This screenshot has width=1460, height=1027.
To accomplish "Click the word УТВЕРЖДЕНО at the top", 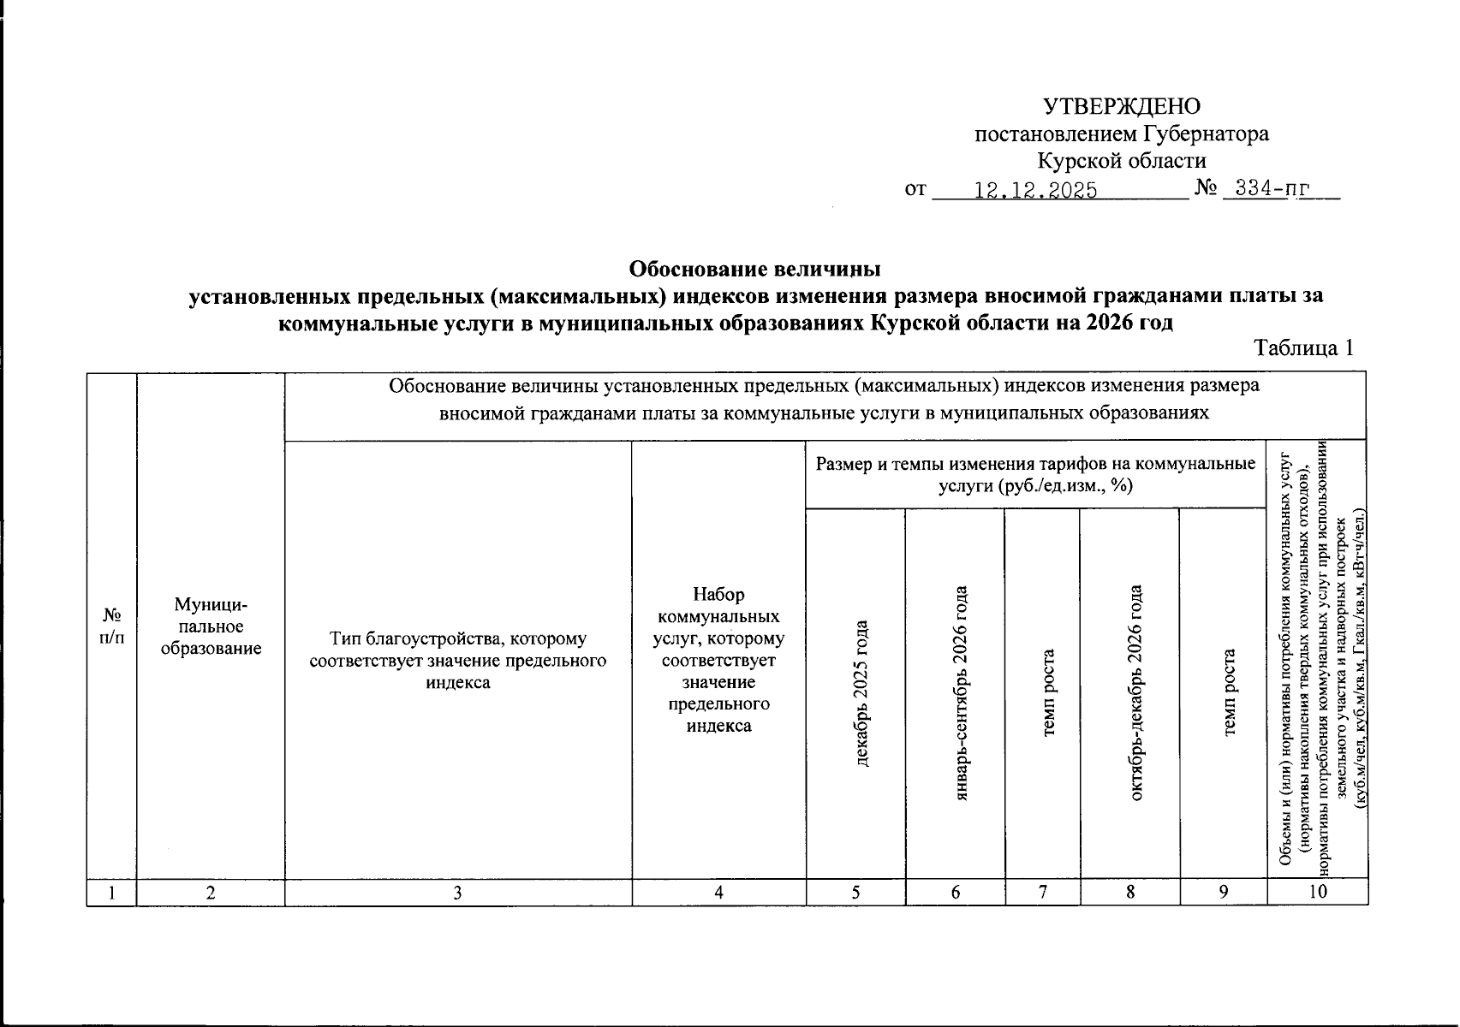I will (x=1122, y=106).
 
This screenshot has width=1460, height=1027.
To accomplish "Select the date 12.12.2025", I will (x=1036, y=190).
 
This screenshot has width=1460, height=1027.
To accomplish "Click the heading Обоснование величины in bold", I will (x=754, y=270).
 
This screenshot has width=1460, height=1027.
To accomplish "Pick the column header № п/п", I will (x=111, y=626).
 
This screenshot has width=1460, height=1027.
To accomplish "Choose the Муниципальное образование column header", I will (x=211, y=626).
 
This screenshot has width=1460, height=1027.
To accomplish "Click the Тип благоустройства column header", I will (x=458, y=661).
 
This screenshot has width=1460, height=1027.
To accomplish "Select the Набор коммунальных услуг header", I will (x=718, y=659).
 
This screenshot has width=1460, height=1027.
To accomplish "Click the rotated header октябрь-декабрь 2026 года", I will (x=1136, y=692).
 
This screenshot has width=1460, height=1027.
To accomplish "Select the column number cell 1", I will (x=111, y=893).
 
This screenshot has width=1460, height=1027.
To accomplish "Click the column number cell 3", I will (x=458, y=893).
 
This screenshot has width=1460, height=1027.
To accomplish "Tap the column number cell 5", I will (x=855, y=893).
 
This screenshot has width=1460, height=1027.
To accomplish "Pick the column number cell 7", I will (x=1042, y=893).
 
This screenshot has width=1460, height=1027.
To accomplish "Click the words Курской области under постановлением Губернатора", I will (x=1122, y=161).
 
